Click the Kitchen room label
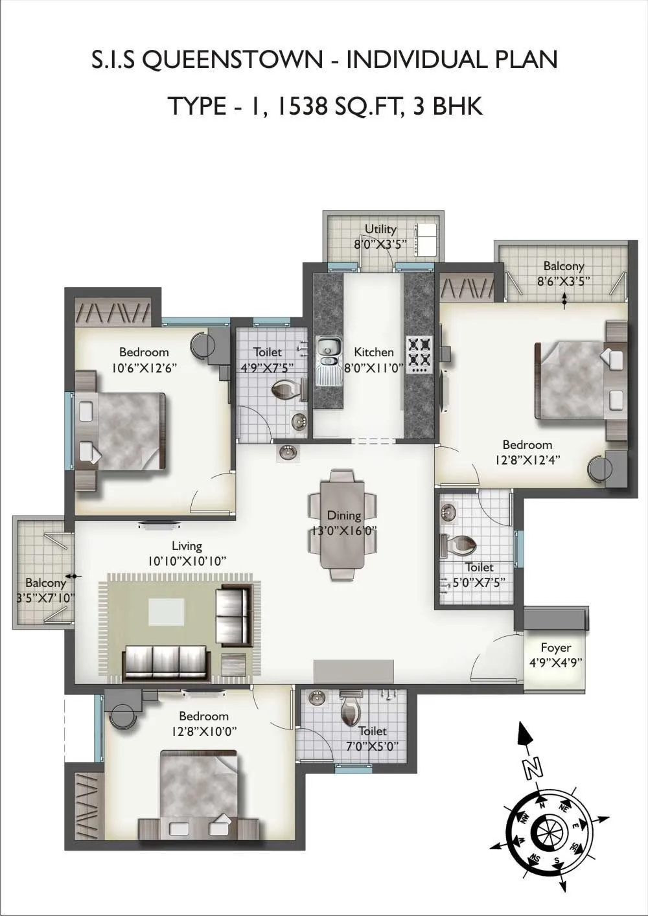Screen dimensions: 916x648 373,352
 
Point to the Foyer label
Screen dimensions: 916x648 555,647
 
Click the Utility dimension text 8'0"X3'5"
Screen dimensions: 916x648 380,244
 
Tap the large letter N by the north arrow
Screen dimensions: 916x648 533,768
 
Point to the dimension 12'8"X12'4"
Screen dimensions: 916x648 527,460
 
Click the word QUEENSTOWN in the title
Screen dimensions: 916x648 231,60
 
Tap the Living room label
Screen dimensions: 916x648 187,546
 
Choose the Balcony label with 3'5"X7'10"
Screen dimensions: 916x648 45,582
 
